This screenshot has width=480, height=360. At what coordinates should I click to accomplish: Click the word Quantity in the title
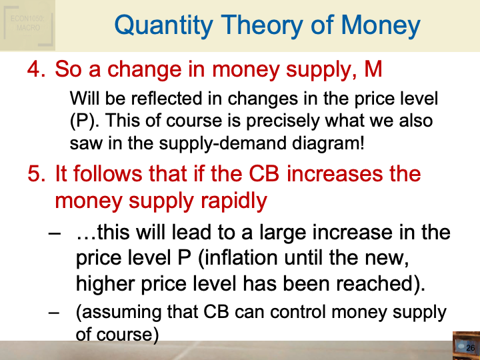point(163,26)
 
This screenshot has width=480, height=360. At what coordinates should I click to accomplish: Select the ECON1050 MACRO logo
point(28,25)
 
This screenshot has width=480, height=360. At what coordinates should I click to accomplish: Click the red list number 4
point(37,69)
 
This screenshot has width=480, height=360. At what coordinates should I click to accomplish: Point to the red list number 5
point(37,173)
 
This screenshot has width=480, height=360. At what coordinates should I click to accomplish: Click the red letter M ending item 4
point(373,69)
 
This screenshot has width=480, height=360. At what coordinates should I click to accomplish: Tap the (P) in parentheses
point(84,121)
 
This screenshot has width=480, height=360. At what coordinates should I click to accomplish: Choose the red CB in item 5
point(264,173)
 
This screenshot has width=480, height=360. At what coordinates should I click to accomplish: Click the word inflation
point(241,258)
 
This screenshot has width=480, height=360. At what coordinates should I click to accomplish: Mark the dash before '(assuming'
point(54,313)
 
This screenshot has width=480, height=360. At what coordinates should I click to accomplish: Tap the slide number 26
point(470,348)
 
